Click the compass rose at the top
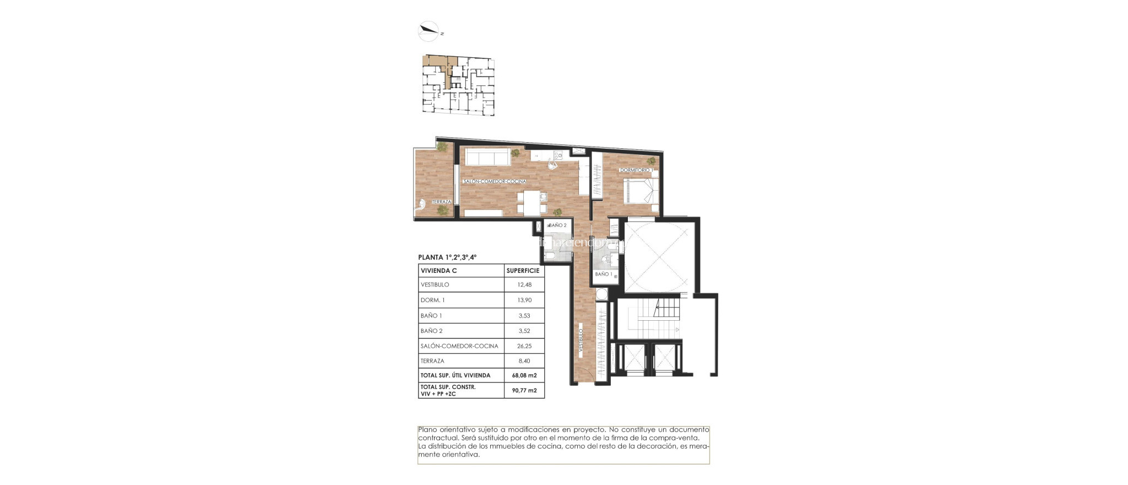click(429, 31)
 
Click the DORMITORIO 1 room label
click(636, 170)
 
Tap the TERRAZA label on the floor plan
click(441, 202)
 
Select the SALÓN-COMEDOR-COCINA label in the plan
click(494, 181)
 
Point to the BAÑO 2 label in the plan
click(557, 225)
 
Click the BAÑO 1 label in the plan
click(603, 274)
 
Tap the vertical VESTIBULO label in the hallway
click(581, 341)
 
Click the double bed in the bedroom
click(639, 192)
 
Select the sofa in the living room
click(487, 157)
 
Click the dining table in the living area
click(532, 202)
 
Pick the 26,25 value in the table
click(524, 346)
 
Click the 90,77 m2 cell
click(524, 390)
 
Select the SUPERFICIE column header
click(523, 271)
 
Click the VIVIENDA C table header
click(438, 271)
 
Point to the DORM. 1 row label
click(432, 300)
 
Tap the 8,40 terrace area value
click(524, 361)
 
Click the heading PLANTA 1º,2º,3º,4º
click(447, 257)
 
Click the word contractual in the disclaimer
click(436, 438)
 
